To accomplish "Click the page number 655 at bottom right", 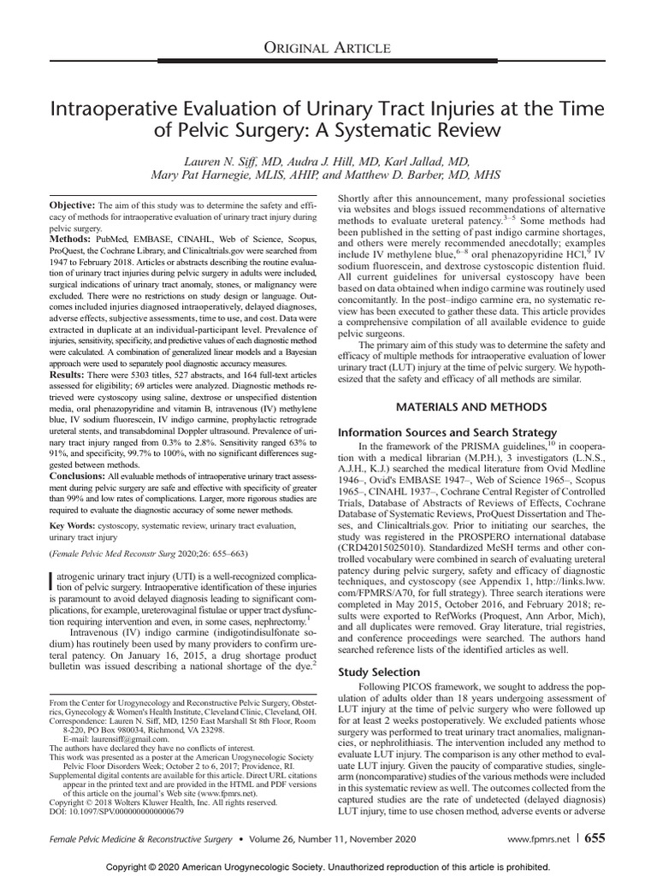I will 595,839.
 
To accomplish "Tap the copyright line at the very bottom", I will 328,865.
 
